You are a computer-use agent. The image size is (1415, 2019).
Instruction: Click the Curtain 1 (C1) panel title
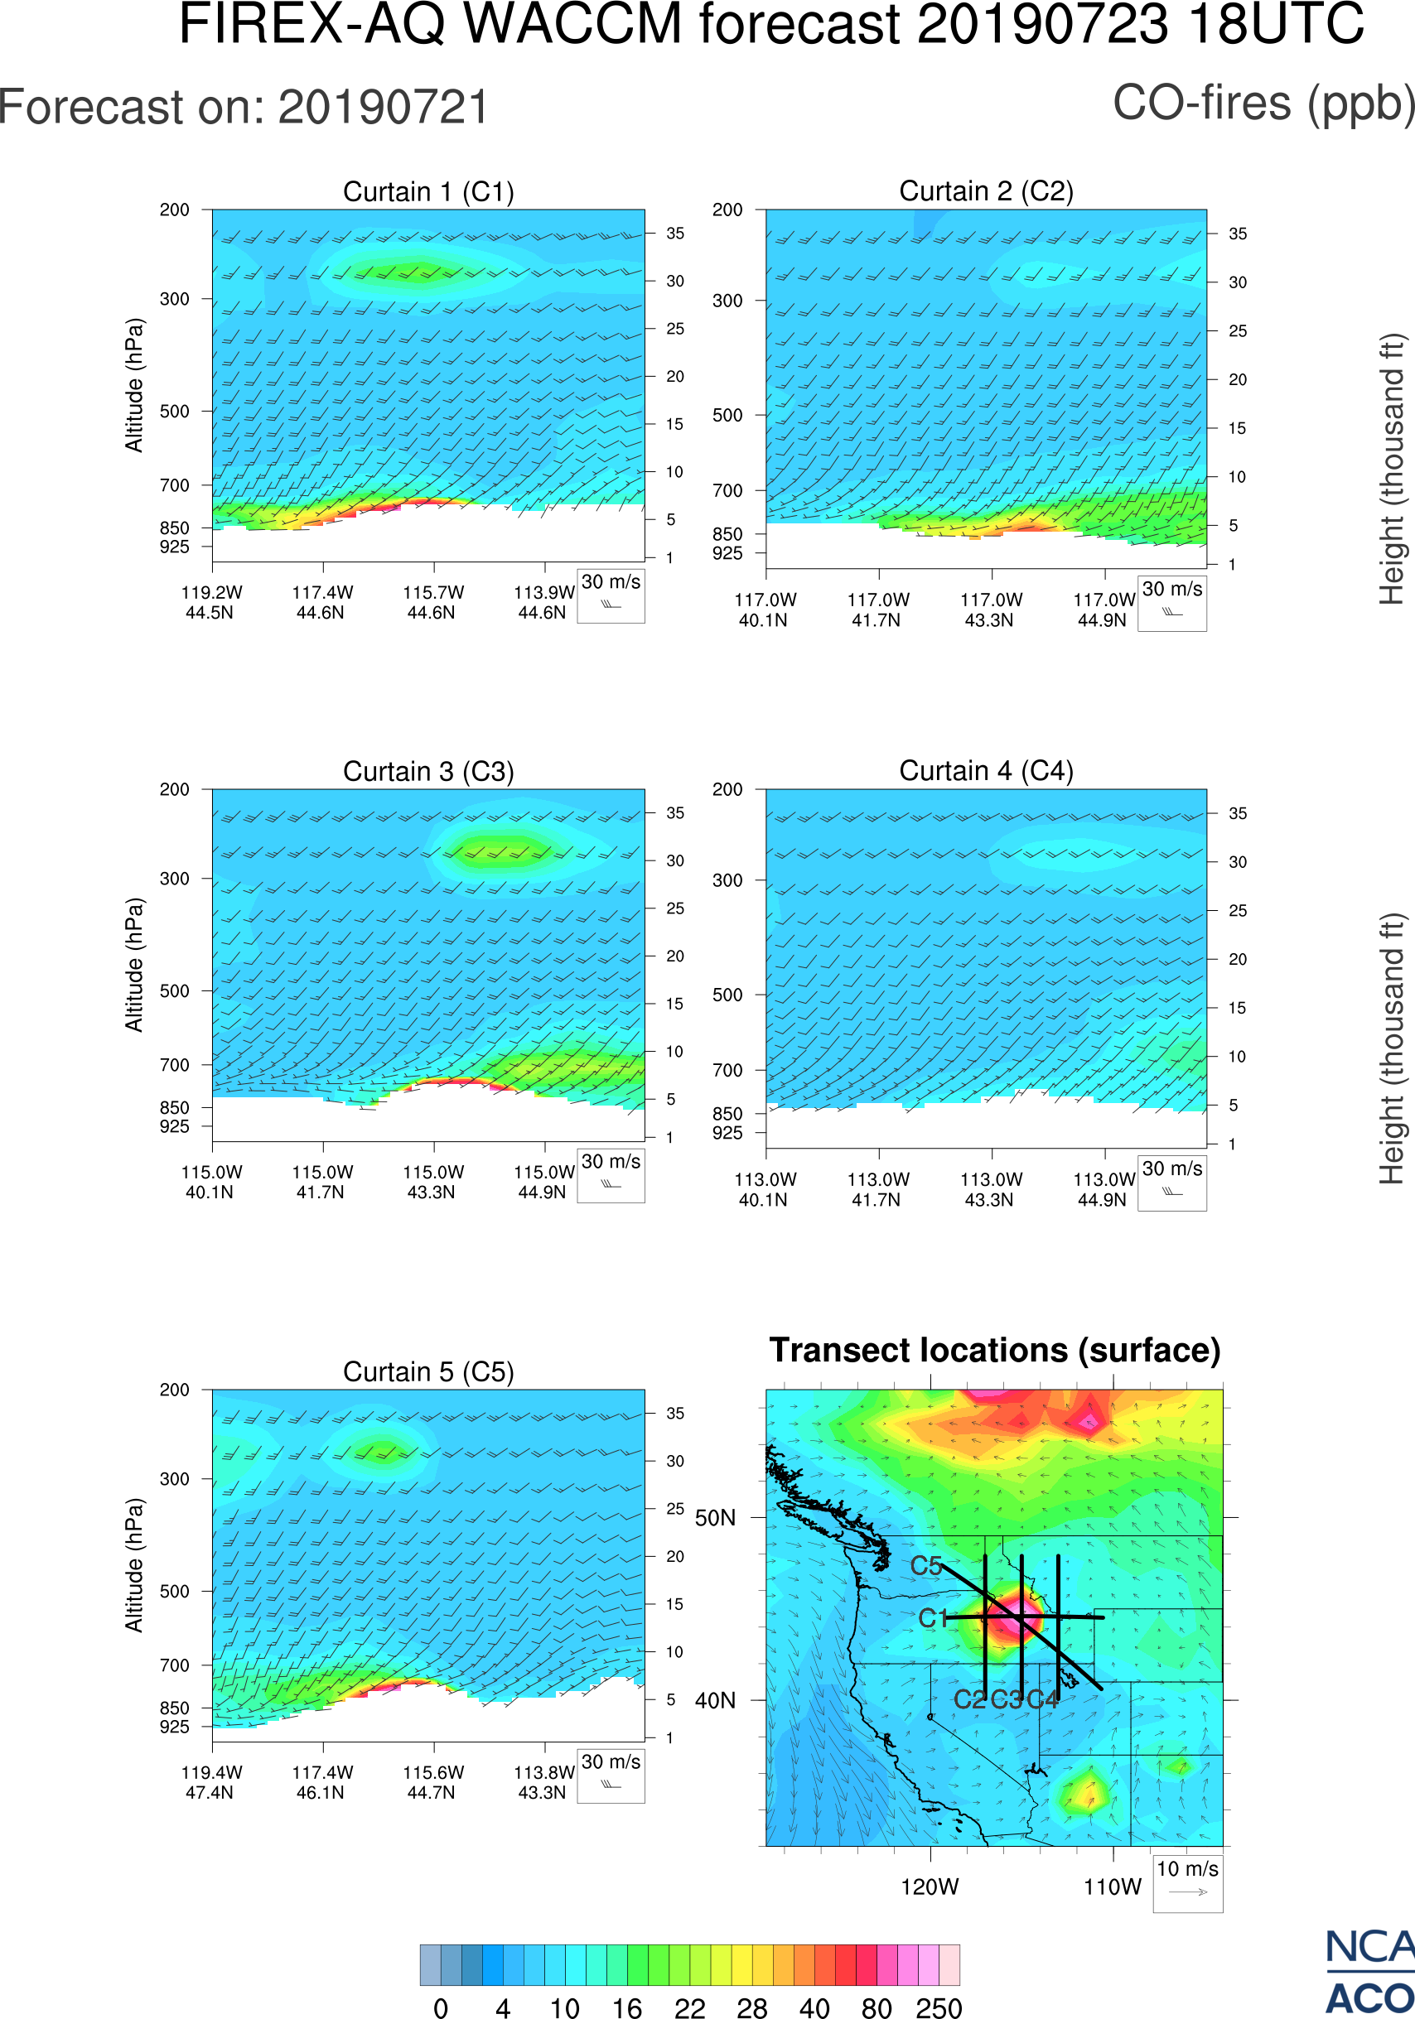(428, 191)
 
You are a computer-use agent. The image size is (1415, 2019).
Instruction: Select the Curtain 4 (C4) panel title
(986, 771)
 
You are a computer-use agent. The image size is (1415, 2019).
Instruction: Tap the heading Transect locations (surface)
(995, 1351)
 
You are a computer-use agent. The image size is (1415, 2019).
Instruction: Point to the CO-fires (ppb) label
(1263, 104)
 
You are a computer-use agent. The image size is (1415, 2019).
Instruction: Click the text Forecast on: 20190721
(244, 108)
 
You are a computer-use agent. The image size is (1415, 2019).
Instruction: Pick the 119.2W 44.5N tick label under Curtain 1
(211, 602)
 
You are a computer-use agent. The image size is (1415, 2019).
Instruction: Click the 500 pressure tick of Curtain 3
(174, 991)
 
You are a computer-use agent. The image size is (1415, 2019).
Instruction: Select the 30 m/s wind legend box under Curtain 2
(1171, 602)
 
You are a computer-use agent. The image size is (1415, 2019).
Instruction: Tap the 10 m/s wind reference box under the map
(1187, 1882)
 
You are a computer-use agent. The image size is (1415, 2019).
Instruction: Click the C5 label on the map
(926, 1566)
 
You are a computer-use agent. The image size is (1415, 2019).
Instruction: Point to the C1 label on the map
(933, 1618)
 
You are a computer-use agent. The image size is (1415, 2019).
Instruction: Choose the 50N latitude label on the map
(715, 1519)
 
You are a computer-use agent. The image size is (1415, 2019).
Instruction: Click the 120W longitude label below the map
(930, 1887)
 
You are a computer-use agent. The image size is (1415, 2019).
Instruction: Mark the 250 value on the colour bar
(939, 2007)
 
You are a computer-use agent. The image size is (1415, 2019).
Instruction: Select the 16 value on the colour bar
(627, 2007)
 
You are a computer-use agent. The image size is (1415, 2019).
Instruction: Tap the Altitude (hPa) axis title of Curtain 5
(133, 1565)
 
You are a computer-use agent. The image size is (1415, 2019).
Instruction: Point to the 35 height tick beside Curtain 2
(1238, 234)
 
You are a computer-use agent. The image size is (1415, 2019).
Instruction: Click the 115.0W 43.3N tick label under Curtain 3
(432, 1182)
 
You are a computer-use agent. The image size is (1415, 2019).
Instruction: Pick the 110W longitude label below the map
(1113, 1887)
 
